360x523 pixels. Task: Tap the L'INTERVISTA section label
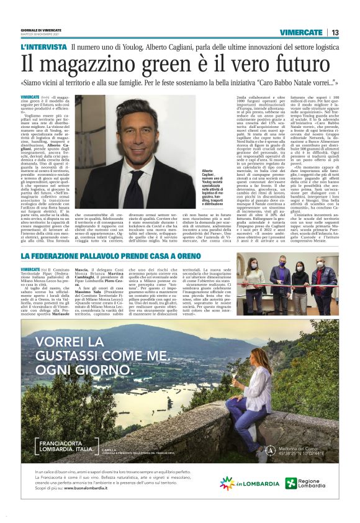click(43, 47)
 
